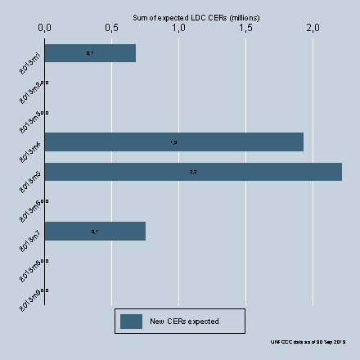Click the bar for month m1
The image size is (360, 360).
point(90,53)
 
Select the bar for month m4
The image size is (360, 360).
point(174,142)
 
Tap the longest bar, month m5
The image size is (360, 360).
point(193,172)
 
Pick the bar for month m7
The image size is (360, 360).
point(95,232)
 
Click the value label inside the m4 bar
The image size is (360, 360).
point(173,142)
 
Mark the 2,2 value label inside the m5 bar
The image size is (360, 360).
point(193,172)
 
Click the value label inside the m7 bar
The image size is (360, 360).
point(95,232)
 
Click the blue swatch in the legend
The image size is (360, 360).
point(131,322)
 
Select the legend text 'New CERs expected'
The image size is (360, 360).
point(184,322)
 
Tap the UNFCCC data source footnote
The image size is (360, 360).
point(308,341)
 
